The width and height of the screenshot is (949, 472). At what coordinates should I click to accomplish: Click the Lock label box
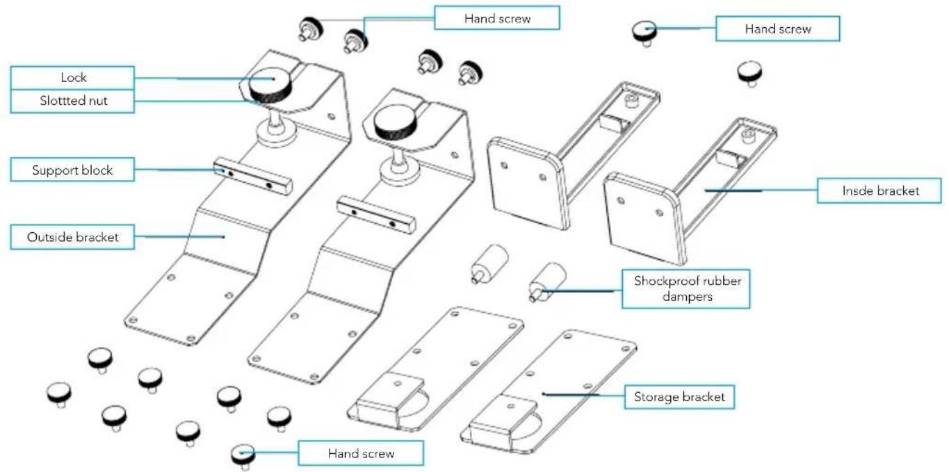tap(72, 78)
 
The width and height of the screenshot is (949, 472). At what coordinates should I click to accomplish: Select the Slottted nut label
tap(72, 101)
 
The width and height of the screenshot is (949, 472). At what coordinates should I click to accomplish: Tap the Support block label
tap(72, 170)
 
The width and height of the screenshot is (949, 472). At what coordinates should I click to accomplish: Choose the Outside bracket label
tap(72, 237)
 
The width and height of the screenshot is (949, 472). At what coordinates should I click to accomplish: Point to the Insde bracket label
tap(879, 190)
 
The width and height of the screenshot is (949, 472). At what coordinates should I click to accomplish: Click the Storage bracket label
tap(679, 397)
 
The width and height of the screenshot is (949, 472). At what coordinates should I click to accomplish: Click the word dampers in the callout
tap(686, 295)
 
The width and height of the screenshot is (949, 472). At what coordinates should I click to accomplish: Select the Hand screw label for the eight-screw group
tap(361, 454)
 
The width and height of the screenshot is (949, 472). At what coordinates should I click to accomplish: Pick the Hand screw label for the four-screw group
tap(497, 18)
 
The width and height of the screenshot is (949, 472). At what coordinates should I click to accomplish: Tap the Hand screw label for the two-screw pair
tap(777, 29)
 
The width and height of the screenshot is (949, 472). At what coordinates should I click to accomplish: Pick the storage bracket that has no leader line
tap(435, 368)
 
